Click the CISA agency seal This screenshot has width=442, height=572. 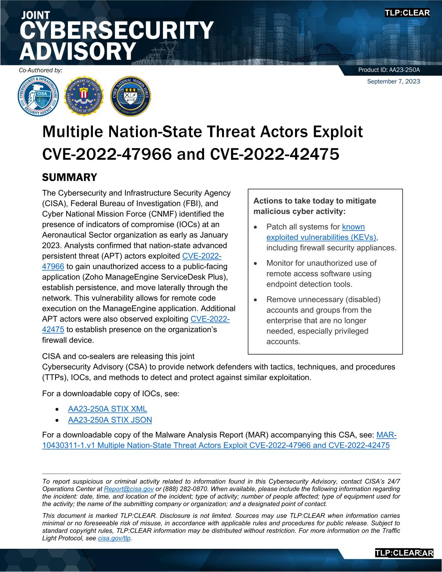[x=38, y=96]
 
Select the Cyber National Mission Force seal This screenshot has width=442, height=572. [x=130, y=96]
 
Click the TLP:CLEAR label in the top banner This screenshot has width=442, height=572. [x=407, y=13]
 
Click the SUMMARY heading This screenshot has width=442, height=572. [x=69, y=177]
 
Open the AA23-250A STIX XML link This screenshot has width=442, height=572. [x=107, y=409]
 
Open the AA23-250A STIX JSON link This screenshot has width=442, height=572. [x=110, y=420]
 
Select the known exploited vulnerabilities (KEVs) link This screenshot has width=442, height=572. [x=321, y=237]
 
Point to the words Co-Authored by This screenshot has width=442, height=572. [x=41, y=70]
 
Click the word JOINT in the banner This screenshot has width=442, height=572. [x=36, y=15]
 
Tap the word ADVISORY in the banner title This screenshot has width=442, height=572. [x=77, y=51]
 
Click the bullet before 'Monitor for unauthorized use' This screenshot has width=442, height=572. [x=256, y=263]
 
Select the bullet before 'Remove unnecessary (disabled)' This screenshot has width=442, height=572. [x=256, y=300]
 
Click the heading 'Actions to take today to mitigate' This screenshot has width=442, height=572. [x=314, y=201]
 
